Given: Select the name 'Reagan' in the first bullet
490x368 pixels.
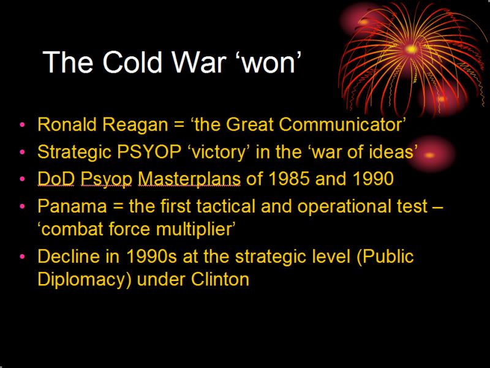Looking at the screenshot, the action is click(x=135, y=126).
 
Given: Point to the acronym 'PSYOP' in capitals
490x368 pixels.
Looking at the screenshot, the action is click(x=149, y=152).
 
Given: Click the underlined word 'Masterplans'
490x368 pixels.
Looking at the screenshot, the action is click(x=189, y=179).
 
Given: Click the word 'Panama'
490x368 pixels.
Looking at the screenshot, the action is click(x=72, y=206).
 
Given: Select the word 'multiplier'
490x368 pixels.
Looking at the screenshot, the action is click(x=193, y=229).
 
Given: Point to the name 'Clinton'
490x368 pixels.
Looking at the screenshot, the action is click(x=220, y=279).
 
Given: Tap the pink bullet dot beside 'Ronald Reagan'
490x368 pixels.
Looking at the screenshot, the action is click(x=22, y=125).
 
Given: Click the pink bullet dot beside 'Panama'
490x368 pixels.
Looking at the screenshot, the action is click(x=22, y=206).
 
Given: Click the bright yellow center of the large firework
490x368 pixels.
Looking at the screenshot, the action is click(x=411, y=49).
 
